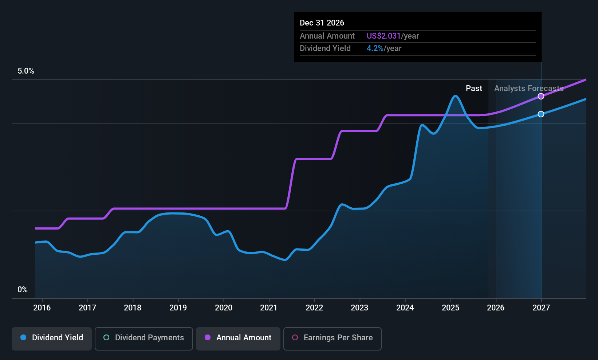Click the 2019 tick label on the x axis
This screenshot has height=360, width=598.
[x=178, y=308]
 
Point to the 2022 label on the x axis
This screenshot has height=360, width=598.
[x=314, y=308]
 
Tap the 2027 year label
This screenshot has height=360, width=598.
[x=541, y=308]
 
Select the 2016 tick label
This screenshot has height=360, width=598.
[x=42, y=308]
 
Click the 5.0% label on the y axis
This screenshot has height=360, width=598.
[x=26, y=71]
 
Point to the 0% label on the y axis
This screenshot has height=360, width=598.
[x=23, y=290]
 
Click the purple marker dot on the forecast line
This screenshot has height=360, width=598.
[x=541, y=96]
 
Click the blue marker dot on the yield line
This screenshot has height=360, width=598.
[x=541, y=114]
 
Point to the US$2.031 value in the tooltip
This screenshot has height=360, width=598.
[x=383, y=36]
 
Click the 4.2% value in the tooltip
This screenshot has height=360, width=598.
[x=375, y=48]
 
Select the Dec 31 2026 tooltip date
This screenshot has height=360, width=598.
[x=322, y=23]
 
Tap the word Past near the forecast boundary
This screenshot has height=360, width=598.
[x=474, y=88]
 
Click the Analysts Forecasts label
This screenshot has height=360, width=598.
[x=528, y=88]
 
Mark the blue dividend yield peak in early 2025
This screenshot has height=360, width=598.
[x=455, y=96]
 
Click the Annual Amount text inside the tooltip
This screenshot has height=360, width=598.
[x=327, y=36]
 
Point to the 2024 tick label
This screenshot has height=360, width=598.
[x=405, y=308]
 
